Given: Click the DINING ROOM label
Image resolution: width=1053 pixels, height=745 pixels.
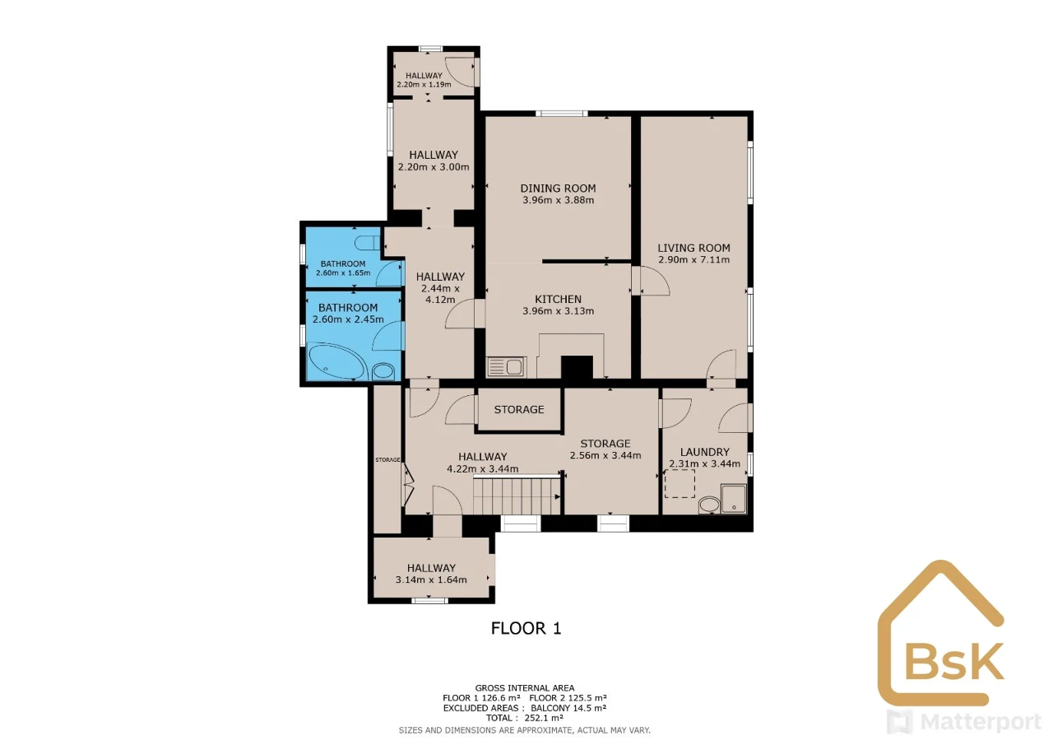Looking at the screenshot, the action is click(x=558, y=189).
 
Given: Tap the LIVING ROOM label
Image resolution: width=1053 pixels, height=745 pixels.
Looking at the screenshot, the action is click(x=693, y=248).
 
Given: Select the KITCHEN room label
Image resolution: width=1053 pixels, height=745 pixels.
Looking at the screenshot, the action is click(x=558, y=299).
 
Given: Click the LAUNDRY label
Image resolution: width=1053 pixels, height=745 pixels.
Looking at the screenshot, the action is click(x=705, y=452).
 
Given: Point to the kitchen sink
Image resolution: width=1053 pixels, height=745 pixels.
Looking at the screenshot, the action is click(x=506, y=366).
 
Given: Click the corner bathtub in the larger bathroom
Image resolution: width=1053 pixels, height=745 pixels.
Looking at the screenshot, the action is click(x=336, y=361).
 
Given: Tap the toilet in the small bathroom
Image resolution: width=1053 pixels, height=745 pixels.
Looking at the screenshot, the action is click(x=368, y=243).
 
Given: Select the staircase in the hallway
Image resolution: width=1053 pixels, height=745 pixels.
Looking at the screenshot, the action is click(x=517, y=496).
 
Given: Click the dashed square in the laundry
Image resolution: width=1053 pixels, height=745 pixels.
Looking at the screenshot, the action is click(x=680, y=483).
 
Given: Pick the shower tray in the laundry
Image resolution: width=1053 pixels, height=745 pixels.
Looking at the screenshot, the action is click(x=734, y=499).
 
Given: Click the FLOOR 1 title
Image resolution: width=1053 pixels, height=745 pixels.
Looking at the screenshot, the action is click(x=526, y=628).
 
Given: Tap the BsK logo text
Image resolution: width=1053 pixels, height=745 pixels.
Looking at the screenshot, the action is click(x=953, y=662).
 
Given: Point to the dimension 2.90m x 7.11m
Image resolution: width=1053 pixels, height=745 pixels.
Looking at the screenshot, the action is click(x=693, y=259).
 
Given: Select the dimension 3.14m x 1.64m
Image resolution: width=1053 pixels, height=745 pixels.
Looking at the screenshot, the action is click(x=431, y=580).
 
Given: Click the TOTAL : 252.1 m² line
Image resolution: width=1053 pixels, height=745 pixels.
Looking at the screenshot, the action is click(x=525, y=718).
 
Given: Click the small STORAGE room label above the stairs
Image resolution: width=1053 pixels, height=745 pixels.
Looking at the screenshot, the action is click(x=519, y=410).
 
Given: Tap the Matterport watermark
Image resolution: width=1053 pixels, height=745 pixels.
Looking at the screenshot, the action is click(x=963, y=721).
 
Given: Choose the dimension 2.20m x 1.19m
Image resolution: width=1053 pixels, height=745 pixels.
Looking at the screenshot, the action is click(x=424, y=85).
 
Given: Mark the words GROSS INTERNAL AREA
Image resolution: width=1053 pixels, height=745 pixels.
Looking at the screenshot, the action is click(x=525, y=688).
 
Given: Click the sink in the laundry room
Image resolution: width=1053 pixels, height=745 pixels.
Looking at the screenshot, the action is click(x=709, y=505).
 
